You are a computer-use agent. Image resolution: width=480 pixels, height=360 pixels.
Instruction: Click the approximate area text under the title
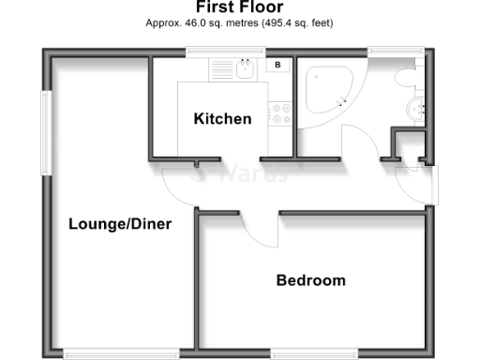pyautogui.click(x=240, y=22)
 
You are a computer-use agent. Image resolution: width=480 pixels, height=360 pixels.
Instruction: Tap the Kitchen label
pyautogui.click(x=222, y=119)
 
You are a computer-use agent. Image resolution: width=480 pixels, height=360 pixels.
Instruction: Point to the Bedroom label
pyautogui.click(x=310, y=280)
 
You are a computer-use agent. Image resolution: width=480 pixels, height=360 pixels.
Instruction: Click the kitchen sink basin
pyautogui.click(x=247, y=68)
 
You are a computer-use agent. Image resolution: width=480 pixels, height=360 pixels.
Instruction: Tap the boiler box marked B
pyautogui.click(x=278, y=65)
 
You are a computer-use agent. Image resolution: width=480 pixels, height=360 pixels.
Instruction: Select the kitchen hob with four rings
pyautogui.click(x=279, y=112)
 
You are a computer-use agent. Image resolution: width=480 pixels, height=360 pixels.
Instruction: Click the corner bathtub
pyautogui.click(x=324, y=90)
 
